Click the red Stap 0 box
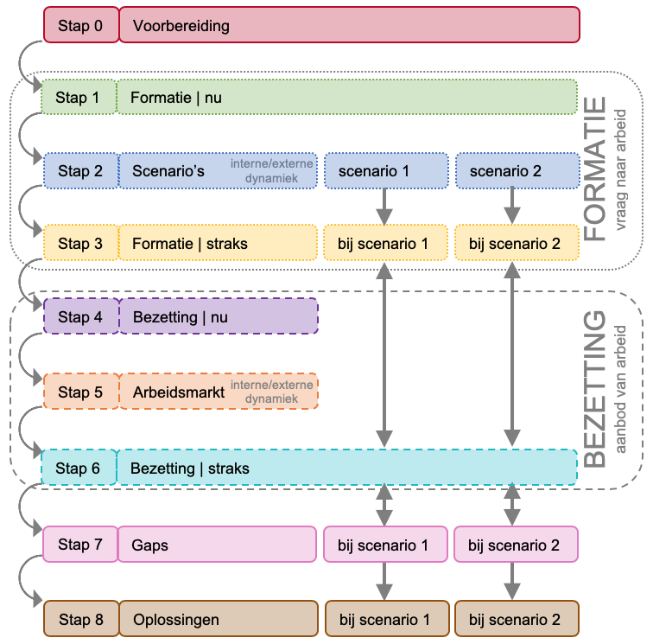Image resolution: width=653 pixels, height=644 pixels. pyautogui.click(x=80, y=25)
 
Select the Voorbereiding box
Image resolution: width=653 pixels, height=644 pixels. pyautogui.click(x=348, y=25)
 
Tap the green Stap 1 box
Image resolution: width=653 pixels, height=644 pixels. pyautogui.click(x=79, y=98)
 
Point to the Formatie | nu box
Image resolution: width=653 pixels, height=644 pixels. pyautogui.click(x=346, y=98)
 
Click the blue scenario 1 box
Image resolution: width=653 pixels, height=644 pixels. pyautogui.click(x=386, y=171)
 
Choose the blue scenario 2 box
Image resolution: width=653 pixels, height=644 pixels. pyautogui.click(x=517, y=171)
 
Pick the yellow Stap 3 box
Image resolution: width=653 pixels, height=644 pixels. pyautogui.click(x=80, y=244)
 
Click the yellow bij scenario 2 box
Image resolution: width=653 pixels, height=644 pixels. pyautogui.click(x=516, y=244)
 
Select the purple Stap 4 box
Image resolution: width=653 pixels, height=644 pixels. pyautogui.click(x=80, y=317)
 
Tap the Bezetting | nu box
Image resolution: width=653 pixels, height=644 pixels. pyautogui.click(x=218, y=317)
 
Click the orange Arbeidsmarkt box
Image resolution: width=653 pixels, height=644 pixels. pyautogui.click(x=218, y=392)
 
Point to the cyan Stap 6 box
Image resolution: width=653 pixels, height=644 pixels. pyautogui.click(x=79, y=468)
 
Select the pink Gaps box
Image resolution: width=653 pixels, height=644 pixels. pyautogui.click(x=218, y=545)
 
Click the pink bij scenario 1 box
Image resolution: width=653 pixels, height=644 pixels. pyautogui.click(x=386, y=545)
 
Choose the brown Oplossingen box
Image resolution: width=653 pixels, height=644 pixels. pyautogui.click(x=218, y=620)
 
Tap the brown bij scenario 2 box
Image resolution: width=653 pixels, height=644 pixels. pyautogui.click(x=516, y=620)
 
